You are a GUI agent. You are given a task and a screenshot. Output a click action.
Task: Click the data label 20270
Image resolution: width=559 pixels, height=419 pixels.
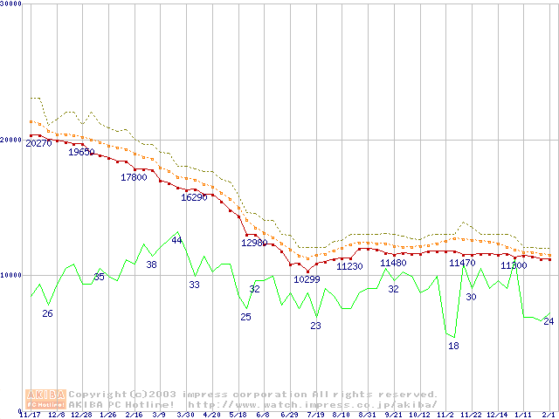click(39, 143)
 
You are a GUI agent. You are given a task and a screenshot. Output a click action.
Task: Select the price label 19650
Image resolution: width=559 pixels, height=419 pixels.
click(81, 152)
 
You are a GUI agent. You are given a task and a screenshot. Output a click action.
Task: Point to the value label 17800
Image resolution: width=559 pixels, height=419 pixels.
click(134, 177)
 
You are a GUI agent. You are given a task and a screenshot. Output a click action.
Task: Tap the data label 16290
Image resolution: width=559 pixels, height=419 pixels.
click(194, 197)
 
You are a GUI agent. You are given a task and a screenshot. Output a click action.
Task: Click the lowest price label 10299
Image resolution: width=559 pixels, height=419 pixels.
click(307, 279)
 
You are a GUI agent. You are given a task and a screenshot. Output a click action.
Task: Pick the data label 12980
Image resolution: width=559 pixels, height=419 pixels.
click(254, 243)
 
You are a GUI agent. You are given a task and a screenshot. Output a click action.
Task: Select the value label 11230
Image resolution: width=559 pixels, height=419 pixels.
click(349, 266)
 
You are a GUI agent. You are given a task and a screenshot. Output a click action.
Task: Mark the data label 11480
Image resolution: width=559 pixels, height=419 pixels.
click(393, 263)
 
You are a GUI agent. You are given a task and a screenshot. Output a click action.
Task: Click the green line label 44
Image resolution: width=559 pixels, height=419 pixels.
click(176, 240)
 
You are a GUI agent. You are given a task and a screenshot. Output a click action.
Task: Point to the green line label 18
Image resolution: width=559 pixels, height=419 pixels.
click(453, 346)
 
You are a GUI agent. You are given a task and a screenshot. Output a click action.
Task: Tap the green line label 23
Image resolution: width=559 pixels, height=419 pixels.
click(315, 326)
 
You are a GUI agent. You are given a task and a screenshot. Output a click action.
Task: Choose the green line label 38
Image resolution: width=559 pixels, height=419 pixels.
click(151, 264)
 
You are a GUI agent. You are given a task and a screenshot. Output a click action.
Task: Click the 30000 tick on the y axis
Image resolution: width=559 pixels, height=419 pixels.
click(11, 5)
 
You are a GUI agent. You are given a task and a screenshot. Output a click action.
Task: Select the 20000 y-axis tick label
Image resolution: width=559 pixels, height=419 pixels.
click(11, 140)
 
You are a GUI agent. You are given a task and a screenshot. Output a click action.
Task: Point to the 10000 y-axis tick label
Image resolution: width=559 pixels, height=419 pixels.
click(11, 275)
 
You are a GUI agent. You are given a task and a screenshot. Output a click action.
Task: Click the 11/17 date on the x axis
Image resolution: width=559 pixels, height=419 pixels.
click(30, 415)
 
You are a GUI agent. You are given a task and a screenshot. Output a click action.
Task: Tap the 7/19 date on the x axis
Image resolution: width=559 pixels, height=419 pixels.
click(315, 415)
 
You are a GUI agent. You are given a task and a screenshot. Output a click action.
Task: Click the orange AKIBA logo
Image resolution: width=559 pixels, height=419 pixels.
click(45, 399)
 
